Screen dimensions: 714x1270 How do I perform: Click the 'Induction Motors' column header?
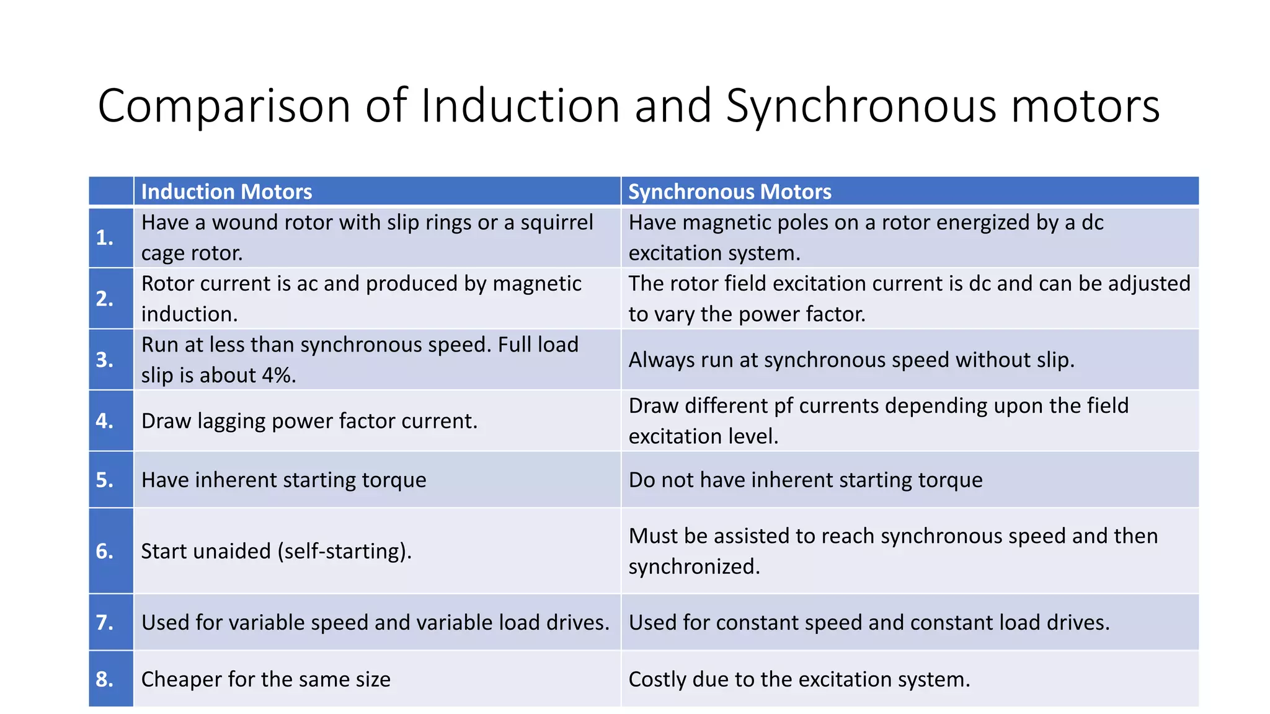tap(226, 192)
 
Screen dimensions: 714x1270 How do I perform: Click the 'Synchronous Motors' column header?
tap(729, 192)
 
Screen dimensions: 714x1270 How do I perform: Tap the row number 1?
tap(105, 237)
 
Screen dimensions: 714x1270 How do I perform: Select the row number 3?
tap(105, 359)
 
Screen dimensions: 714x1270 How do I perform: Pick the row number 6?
tap(105, 551)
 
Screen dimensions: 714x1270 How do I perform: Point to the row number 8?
tap(105, 679)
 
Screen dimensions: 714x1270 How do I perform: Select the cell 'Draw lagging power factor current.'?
tap(309, 421)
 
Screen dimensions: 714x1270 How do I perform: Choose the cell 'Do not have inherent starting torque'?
tap(805, 480)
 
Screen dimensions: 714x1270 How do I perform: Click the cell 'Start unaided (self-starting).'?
tap(277, 551)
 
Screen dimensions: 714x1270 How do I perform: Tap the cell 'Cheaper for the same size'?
tap(266, 679)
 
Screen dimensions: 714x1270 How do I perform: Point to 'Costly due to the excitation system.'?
tap(799, 679)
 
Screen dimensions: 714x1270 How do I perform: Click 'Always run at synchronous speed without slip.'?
tap(851, 360)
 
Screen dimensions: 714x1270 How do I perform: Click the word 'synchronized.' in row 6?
tap(694, 566)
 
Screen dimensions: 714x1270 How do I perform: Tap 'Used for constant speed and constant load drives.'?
tap(869, 622)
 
